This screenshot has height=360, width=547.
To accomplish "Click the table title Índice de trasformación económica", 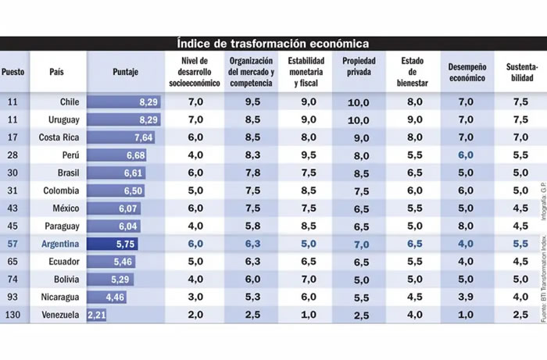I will (x=273, y=43).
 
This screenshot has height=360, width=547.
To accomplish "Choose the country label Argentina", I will (x=59, y=243).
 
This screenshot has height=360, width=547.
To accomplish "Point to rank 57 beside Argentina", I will (x=13, y=243).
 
